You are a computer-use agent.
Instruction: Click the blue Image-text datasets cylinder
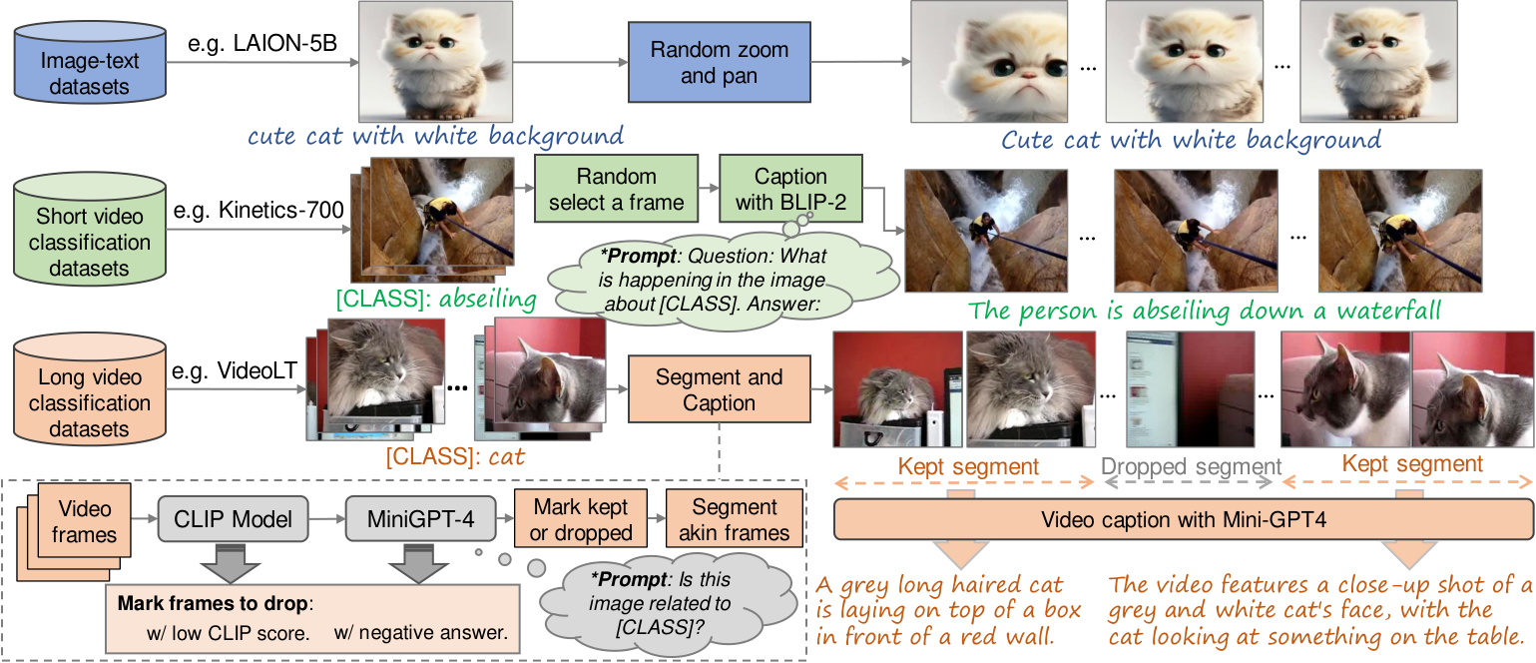pos(90,62)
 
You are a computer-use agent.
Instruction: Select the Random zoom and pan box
pos(720,62)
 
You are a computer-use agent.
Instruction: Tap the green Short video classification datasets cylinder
pos(90,228)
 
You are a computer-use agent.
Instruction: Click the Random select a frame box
pos(616,189)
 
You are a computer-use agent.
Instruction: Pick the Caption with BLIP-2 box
pos(790,189)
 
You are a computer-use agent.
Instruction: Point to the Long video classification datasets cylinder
pos(90,389)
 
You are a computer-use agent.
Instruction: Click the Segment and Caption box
pos(720,389)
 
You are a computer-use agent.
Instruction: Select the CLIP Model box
pos(234,519)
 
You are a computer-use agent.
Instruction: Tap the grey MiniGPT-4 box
pos(420,519)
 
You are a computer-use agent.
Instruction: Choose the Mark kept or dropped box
pos(581,519)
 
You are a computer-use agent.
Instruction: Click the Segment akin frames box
pos(735,519)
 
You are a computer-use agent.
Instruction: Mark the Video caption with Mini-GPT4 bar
pos(1184,519)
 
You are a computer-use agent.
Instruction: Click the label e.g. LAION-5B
pos(262,43)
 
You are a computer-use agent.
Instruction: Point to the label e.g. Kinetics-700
pos(258,210)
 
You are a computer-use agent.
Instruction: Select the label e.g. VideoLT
pos(234,370)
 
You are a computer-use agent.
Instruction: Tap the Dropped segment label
pos(1191,466)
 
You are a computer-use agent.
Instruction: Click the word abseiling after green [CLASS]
pos(487,300)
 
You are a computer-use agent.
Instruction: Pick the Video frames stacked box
pos(74,531)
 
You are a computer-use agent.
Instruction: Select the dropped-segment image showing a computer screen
pos(1191,389)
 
